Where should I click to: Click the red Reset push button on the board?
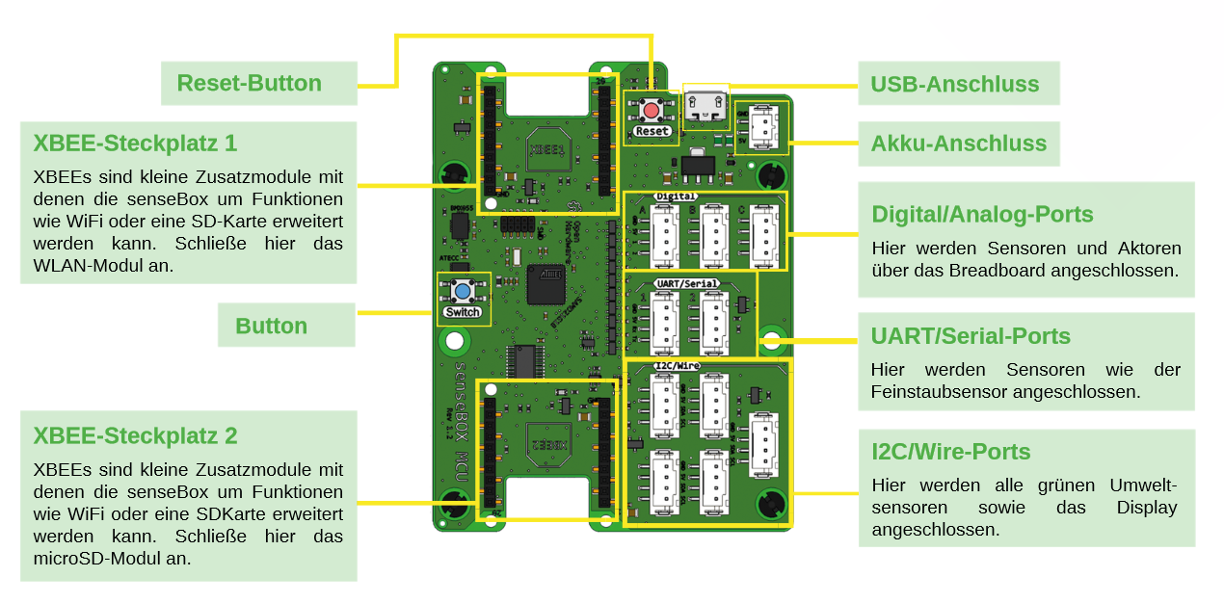tap(652, 109)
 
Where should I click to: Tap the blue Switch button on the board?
tap(463, 292)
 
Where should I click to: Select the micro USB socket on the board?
tap(706, 104)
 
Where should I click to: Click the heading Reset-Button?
tap(249, 83)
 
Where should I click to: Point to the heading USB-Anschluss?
tap(954, 84)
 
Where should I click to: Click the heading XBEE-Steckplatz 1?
tap(135, 144)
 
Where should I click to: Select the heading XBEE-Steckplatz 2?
tap(135, 435)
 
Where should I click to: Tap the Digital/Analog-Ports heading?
tap(982, 214)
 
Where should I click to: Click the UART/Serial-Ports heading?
tap(971, 336)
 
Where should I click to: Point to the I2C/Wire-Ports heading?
tap(950, 452)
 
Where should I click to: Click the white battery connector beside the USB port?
tap(762, 127)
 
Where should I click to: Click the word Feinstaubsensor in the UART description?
tap(942, 392)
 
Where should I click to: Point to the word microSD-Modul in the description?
tap(112, 558)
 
